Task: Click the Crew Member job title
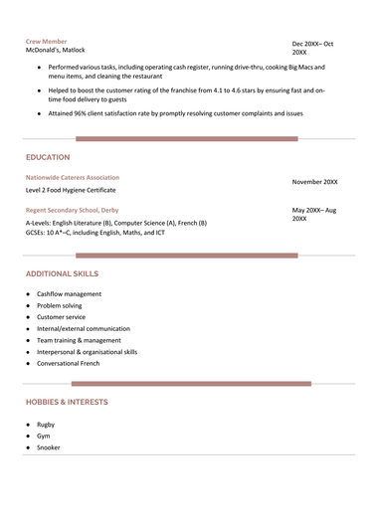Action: coord(47,41)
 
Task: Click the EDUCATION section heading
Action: coord(48,157)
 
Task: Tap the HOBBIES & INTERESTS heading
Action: coord(67,402)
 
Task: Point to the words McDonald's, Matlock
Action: coord(56,50)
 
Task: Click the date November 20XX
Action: coord(314,182)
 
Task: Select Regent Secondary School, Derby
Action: coord(74,211)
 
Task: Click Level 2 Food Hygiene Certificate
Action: coord(71,189)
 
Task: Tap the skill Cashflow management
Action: coord(69,294)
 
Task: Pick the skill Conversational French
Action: coord(70,363)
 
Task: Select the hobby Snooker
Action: coord(49,447)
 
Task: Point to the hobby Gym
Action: coord(44,436)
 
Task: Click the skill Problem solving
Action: coord(61,305)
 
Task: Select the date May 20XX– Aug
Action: coord(314,211)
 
